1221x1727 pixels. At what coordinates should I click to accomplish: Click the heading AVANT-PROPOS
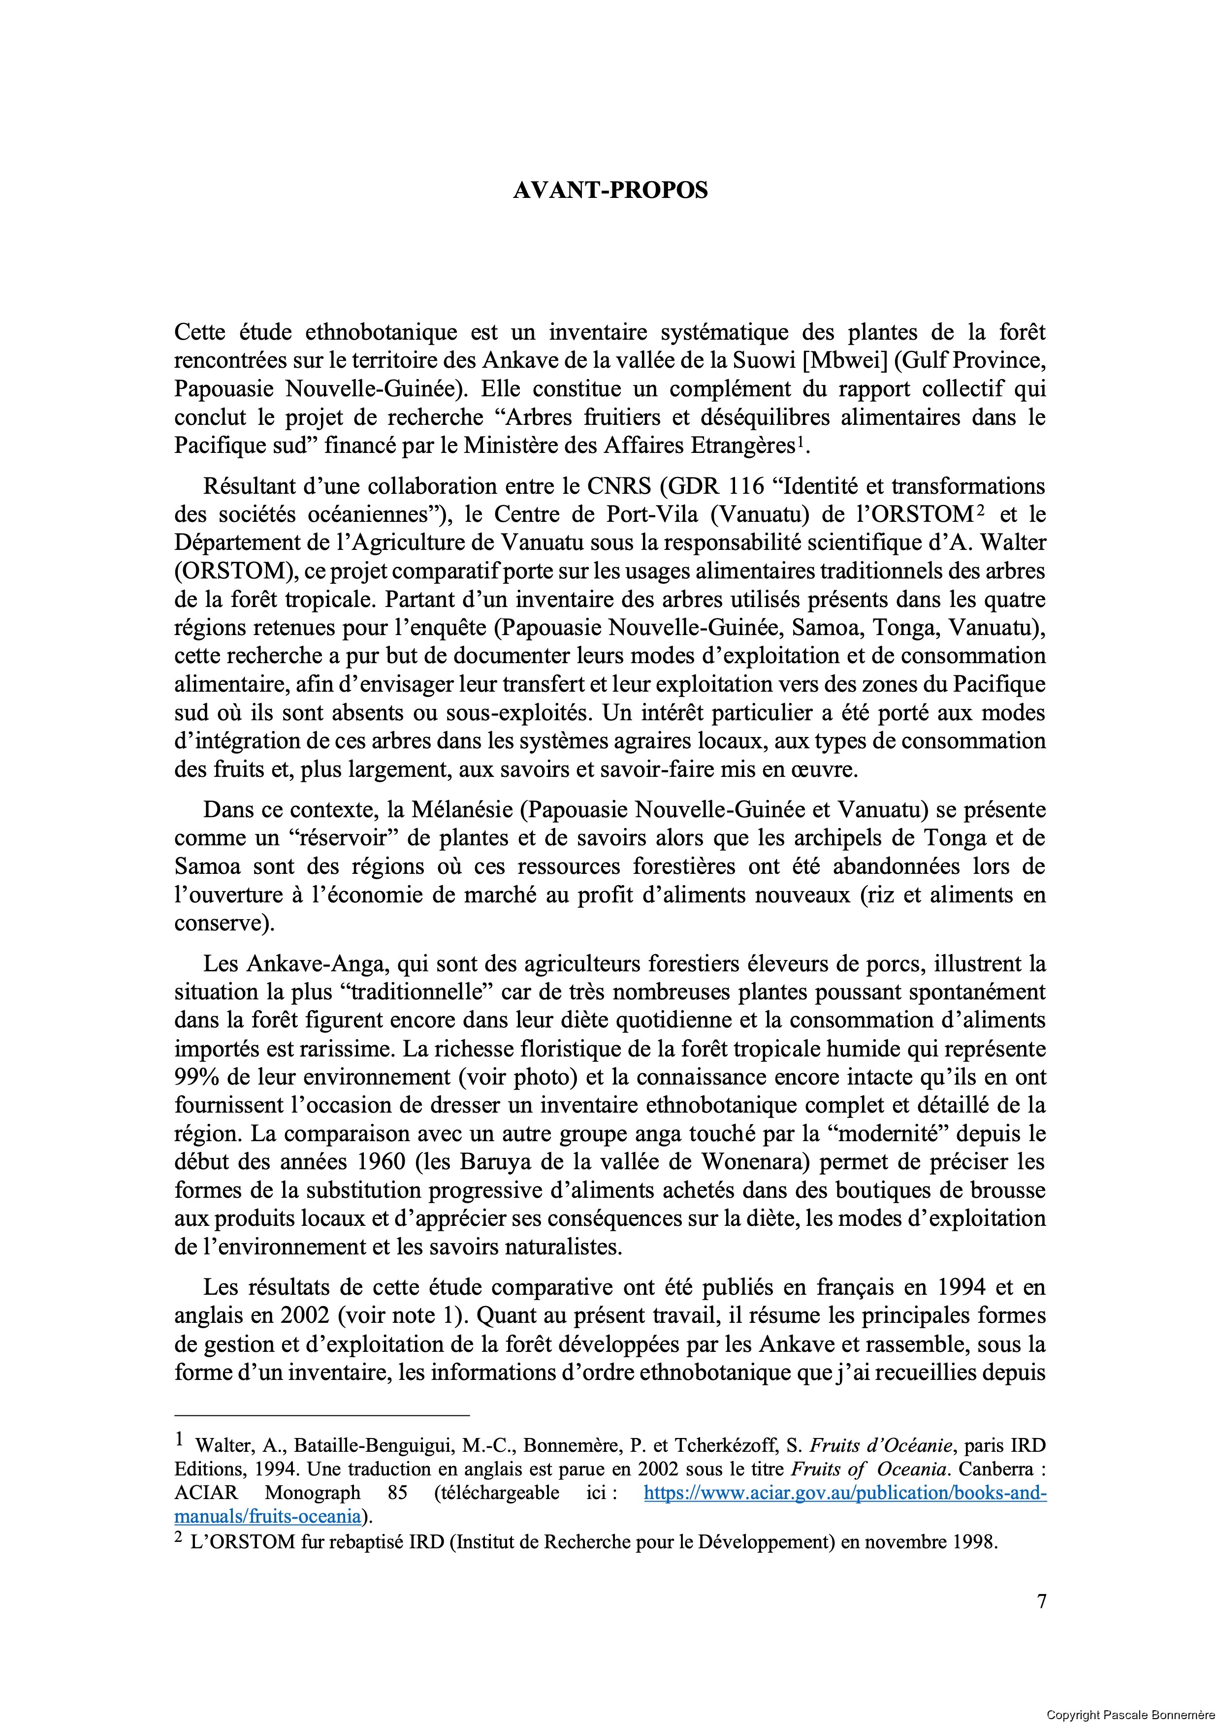click(610, 191)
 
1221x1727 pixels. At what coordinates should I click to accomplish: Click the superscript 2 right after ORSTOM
click(980, 511)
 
